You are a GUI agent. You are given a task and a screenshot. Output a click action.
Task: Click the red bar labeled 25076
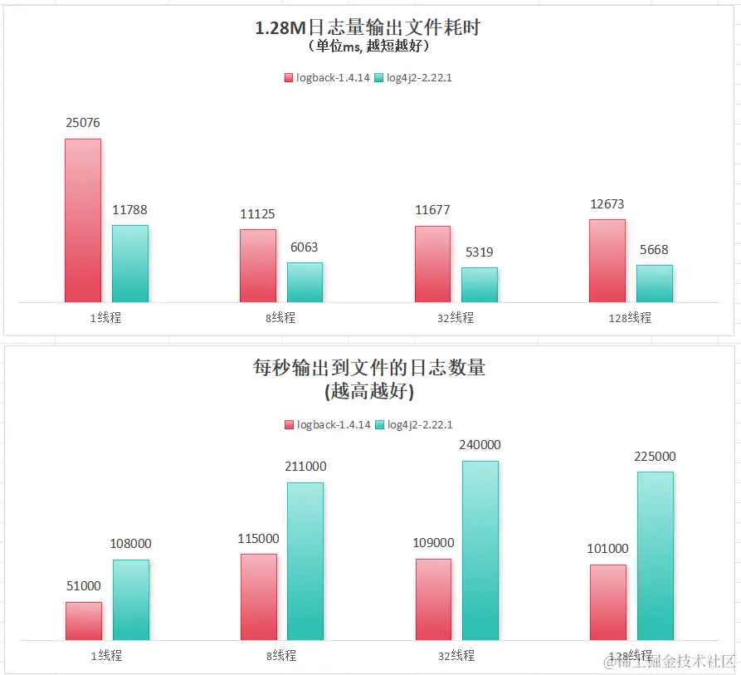pyautogui.click(x=83, y=220)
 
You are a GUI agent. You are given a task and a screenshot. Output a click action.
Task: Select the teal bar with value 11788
pyautogui.click(x=130, y=263)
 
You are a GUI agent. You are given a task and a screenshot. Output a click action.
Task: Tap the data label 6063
pyautogui.click(x=304, y=247)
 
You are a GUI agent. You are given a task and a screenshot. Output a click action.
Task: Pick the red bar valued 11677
pyautogui.click(x=432, y=264)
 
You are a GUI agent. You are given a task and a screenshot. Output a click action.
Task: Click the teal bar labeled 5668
pyautogui.click(x=654, y=283)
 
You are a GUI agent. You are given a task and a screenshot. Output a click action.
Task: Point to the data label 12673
pyautogui.click(x=607, y=204)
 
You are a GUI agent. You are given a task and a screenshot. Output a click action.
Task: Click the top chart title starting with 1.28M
pyautogui.click(x=368, y=28)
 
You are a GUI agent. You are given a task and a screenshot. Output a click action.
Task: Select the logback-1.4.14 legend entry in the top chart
pyautogui.click(x=327, y=78)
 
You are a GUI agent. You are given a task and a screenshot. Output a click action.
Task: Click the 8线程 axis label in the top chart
pyautogui.click(x=281, y=318)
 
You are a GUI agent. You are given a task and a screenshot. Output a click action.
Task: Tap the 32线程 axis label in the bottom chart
pyautogui.click(x=456, y=656)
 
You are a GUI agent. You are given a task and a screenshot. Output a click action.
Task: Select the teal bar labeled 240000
pyautogui.click(x=480, y=550)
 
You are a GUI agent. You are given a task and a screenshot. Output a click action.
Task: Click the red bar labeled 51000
pyautogui.click(x=84, y=621)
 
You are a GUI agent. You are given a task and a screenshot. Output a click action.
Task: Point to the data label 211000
pyautogui.click(x=305, y=467)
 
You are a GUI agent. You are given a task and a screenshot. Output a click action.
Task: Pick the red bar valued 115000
pyautogui.click(x=259, y=597)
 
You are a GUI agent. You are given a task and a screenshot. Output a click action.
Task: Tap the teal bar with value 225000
pyautogui.click(x=656, y=556)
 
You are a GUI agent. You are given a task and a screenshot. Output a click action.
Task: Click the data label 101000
pyautogui.click(x=607, y=549)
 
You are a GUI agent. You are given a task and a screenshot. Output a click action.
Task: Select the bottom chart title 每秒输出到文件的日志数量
pyautogui.click(x=368, y=368)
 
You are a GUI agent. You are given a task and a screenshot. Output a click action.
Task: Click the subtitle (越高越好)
pyautogui.click(x=368, y=390)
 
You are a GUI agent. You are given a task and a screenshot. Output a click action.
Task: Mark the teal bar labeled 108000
pyautogui.click(x=131, y=600)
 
